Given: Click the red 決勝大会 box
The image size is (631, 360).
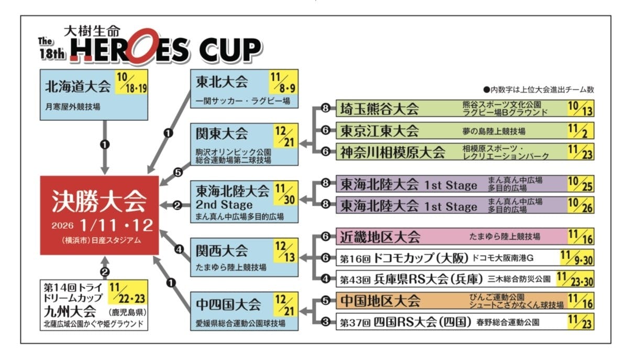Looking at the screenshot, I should pyautogui.click(x=99, y=215).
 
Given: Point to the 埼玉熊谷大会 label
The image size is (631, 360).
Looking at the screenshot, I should pyautogui.click(x=380, y=109).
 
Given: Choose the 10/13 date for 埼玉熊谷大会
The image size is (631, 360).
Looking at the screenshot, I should pyautogui.click(x=580, y=109).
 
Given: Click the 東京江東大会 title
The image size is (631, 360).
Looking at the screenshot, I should pyautogui.click(x=380, y=130).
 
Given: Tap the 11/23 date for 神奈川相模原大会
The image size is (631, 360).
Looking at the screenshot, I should pyautogui.click(x=580, y=152).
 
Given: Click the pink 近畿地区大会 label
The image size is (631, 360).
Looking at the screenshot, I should pyautogui.click(x=380, y=237).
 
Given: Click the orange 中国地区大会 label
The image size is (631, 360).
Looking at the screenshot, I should pyautogui.click(x=380, y=301).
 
